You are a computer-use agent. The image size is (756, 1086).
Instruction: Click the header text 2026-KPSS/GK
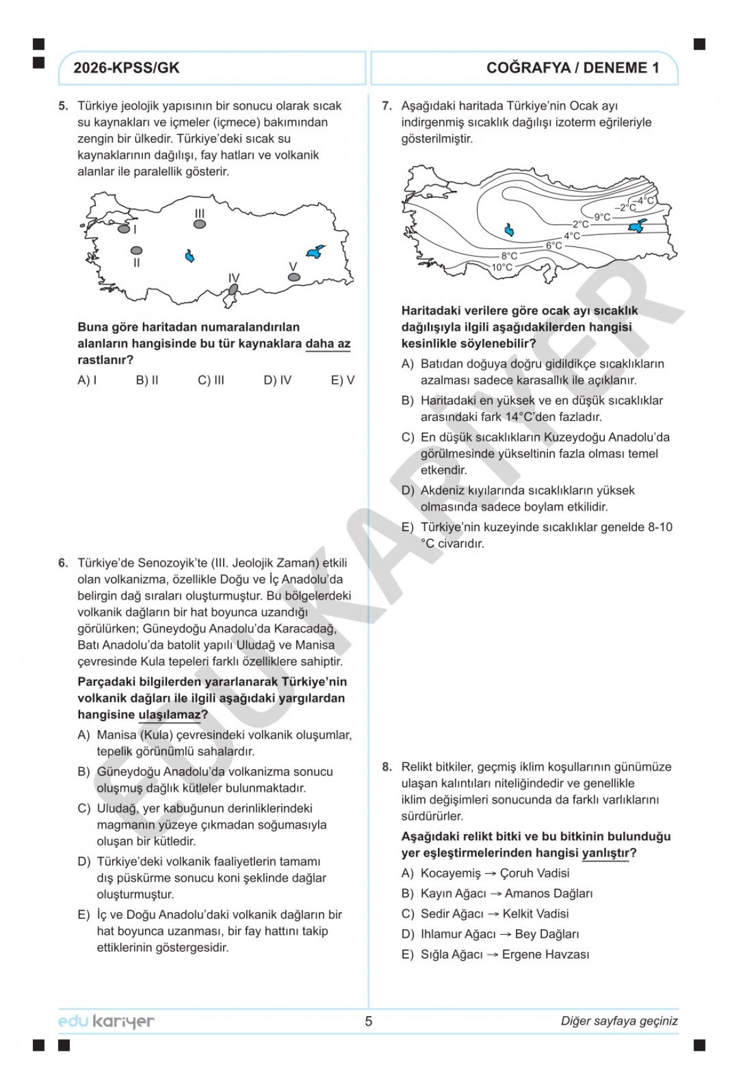(x=126, y=68)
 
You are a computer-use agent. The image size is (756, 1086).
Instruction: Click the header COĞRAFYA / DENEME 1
(x=572, y=68)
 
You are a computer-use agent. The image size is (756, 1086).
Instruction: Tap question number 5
(x=63, y=106)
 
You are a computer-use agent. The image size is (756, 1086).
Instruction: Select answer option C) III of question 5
(x=211, y=380)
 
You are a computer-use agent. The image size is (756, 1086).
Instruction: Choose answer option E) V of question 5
(x=343, y=380)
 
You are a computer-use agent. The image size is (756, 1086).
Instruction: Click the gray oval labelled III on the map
(x=200, y=224)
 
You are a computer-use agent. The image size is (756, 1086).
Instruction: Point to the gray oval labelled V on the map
(x=293, y=277)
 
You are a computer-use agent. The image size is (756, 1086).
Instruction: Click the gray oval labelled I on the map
(x=124, y=229)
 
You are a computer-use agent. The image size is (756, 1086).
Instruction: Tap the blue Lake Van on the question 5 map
(x=315, y=251)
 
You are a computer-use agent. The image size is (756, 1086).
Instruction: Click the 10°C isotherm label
(x=502, y=267)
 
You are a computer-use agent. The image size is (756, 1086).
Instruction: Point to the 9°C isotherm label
(x=602, y=217)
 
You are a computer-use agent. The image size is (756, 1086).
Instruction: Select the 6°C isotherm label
(x=554, y=246)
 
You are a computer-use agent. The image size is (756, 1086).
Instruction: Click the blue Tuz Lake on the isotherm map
(x=509, y=230)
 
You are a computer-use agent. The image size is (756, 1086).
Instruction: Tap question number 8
(x=387, y=767)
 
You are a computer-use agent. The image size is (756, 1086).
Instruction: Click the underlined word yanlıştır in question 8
(x=605, y=853)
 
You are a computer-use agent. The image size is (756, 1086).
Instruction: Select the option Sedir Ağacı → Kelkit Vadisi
(x=494, y=914)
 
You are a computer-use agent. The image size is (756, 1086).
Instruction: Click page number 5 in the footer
(x=369, y=1021)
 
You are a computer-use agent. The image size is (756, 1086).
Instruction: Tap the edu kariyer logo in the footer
(x=106, y=1021)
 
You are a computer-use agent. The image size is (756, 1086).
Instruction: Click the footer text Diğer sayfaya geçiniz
(x=619, y=1021)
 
